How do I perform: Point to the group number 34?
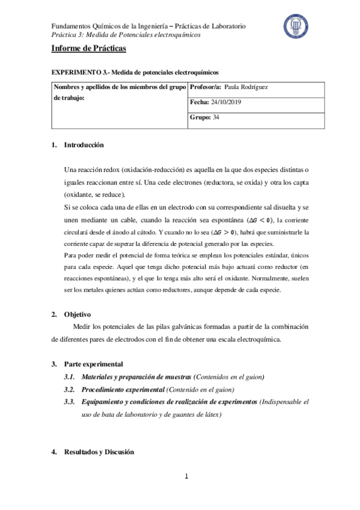(x=216, y=117)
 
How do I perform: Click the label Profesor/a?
(x=205, y=87)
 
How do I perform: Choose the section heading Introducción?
(x=84, y=145)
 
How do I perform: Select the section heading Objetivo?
(x=77, y=314)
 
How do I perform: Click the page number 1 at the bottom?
(x=186, y=477)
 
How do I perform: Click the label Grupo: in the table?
(x=200, y=117)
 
